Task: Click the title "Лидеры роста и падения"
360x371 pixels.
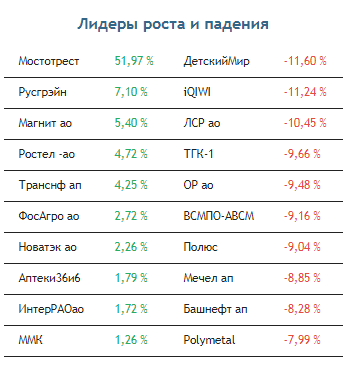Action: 173,25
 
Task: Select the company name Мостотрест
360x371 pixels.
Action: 49,61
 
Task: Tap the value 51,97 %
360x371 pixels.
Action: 134,61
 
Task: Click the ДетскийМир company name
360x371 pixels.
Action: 216,61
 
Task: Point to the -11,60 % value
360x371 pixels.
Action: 305,61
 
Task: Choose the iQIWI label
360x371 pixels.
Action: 197,92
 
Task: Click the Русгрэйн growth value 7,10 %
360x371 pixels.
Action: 131,92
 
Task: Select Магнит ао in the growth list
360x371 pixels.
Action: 45,123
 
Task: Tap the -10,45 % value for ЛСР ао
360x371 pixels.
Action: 305,123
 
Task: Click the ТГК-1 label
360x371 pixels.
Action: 198,154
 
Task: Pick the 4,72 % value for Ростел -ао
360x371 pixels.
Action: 131,154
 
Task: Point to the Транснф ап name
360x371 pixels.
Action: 50,185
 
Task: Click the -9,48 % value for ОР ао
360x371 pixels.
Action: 302,185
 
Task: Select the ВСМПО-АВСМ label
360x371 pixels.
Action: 219,216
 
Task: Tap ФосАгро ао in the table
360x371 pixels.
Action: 49,216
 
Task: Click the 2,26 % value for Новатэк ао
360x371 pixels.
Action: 131,247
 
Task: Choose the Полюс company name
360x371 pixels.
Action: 200,247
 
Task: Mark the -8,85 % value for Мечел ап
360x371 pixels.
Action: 302,278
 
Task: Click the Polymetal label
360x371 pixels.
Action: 209,340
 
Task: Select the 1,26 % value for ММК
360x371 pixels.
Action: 131,340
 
